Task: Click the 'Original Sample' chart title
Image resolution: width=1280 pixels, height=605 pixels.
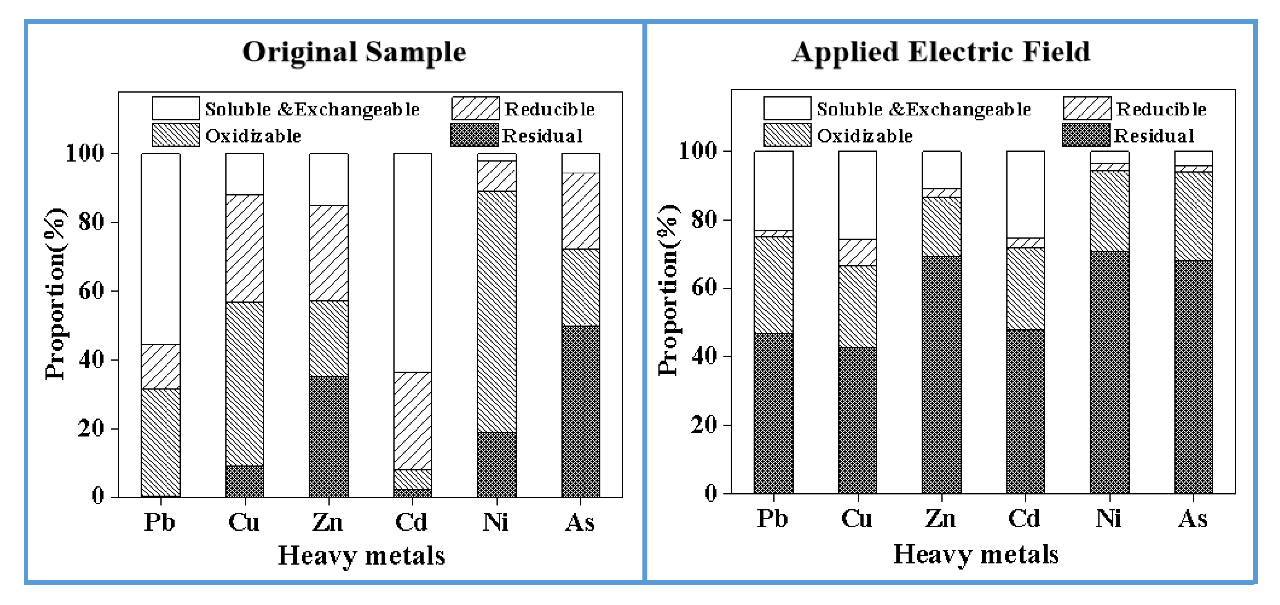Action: (354, 52)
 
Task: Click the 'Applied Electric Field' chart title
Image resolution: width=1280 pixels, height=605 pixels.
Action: (941, 52)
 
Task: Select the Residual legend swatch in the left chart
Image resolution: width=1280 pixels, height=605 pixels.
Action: (474, 135)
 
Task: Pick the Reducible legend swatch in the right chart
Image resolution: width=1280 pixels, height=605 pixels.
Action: (1086, 109)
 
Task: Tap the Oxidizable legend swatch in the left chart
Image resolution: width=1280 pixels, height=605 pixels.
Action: (175, 135)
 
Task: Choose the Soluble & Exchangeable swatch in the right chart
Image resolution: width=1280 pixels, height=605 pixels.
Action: (787, 109)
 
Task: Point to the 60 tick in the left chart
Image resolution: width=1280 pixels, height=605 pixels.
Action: (91, 291)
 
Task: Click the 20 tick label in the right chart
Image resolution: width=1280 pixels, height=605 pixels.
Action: (703, 425)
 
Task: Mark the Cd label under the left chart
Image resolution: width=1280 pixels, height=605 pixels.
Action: (412, 522)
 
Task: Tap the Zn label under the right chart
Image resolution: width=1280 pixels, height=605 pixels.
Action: (941, 519)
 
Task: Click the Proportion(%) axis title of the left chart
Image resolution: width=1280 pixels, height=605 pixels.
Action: (55, 293)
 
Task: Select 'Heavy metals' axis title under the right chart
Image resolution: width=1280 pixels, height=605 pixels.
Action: (976, 554)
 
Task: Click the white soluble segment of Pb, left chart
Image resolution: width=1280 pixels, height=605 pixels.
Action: (161, 249)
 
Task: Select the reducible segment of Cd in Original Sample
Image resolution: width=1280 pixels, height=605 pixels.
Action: (413, 420)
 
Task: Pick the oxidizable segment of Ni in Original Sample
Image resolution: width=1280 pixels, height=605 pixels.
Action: (497, 311)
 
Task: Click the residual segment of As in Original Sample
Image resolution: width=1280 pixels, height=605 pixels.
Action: (581, 411)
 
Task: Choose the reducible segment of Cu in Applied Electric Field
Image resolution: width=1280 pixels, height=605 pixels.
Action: (857, 253)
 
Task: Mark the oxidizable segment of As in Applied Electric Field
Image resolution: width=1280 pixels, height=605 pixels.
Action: (1193, 216)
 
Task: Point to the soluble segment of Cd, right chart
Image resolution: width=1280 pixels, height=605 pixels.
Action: (1025, 194)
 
